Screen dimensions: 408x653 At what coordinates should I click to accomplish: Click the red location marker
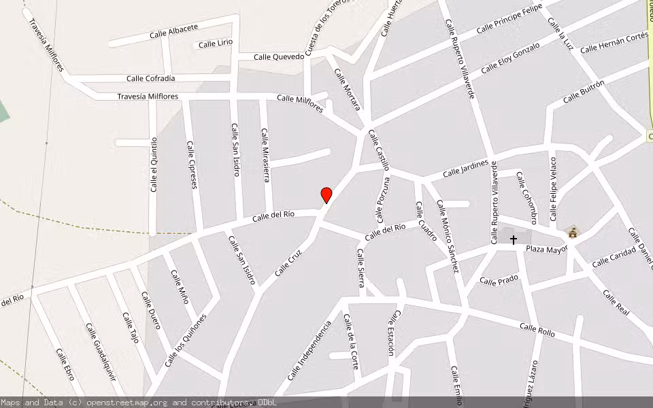(x=326, y=195)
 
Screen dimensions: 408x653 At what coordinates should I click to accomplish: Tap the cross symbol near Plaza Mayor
(x=514, y=239)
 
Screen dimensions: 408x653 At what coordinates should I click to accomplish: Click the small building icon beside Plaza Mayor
(x=573, y=233)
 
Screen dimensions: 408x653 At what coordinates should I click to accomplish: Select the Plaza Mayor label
(x=546, y=249)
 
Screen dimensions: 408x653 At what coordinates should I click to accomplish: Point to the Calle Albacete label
(x=173, y=31)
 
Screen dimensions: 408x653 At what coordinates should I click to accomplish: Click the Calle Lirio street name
(x=216, y=44)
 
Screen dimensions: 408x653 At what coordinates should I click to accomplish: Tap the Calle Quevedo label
(x=279, y=57)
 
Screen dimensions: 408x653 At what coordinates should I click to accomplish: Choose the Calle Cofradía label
(x=150, y=79)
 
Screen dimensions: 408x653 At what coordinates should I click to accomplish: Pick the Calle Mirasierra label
(x=266, y=156)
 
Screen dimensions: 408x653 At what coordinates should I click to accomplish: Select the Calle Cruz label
(x=288, y=261)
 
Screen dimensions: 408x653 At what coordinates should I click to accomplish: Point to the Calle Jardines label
(x=465, y=169)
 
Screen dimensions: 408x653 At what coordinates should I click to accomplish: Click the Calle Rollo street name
(x=537, y=330)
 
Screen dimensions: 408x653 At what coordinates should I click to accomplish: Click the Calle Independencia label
(x=309, y=351)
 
